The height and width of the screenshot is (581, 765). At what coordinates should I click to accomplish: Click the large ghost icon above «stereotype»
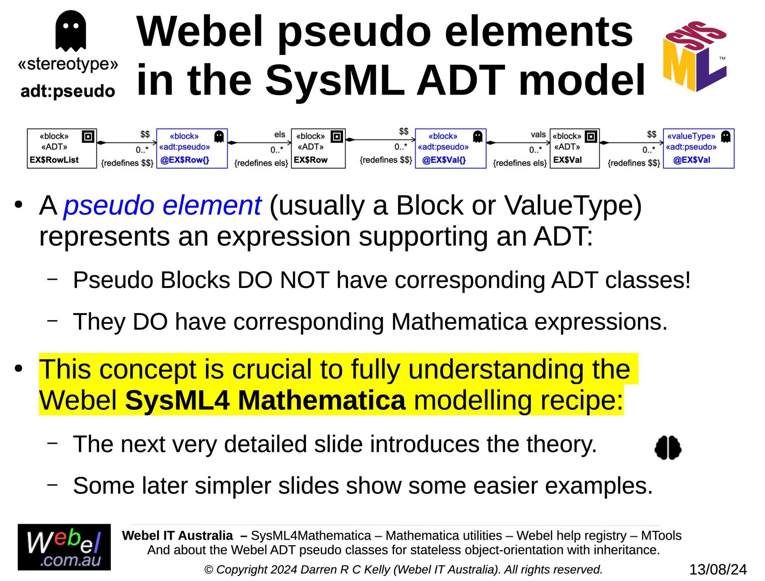[71, 31]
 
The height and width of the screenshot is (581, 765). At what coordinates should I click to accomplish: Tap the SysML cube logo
[695, 56]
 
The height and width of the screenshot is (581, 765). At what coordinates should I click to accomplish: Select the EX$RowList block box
[62, 148]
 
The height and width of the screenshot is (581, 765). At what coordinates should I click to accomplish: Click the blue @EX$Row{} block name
[184, 160]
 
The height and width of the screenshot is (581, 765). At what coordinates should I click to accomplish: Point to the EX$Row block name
[311, 160]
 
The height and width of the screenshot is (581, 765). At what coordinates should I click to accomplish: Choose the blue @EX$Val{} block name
[443, 160]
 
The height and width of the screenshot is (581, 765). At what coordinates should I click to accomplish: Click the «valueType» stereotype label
[691, 136]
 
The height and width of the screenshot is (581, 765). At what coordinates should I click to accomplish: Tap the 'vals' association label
[538, 135]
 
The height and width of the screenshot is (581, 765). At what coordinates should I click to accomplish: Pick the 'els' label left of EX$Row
[280, 135]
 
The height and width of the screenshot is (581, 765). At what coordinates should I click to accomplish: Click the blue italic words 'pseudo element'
[163, 205]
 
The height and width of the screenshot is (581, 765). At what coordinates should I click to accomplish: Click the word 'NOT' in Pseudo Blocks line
[304, 280]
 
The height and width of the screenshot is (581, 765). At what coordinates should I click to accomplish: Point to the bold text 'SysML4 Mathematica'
[265, 400]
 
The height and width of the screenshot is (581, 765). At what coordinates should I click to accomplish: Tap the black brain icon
[668, 448]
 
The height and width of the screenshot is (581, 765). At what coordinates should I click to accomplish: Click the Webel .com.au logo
[64, 547]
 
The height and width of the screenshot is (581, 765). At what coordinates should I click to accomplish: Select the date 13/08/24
[718, 569]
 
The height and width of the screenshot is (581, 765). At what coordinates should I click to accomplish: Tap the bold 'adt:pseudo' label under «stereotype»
[68, 92]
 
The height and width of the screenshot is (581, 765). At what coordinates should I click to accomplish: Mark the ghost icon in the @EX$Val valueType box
[726, 137]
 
